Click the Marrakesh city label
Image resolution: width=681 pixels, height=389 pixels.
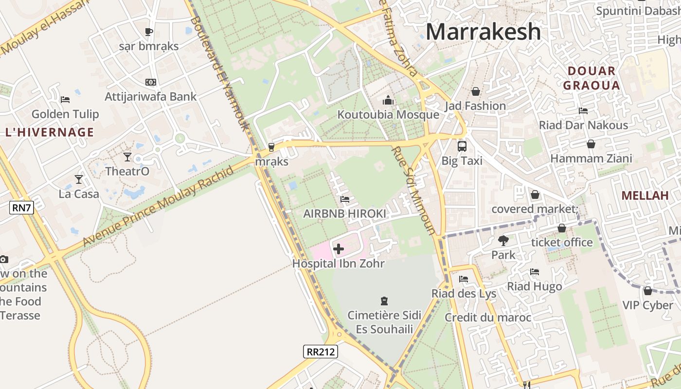(x=483, y=32)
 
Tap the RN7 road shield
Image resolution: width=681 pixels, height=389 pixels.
(x=21, y=208)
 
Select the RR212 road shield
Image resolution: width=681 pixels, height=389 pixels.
(x=320, y=352)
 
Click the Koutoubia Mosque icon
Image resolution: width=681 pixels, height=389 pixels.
(x=388, y=100)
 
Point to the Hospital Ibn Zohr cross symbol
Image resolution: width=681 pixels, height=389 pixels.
(x=339, y=249)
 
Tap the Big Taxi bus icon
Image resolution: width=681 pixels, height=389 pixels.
(x=462, y=146)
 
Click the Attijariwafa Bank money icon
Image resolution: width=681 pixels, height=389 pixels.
(x=151, y=82)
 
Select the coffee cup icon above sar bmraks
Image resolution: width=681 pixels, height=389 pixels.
(x=149, y=32)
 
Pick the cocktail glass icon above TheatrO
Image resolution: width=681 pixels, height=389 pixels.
(x=127, y=157)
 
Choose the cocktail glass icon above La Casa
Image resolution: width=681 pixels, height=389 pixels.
(x=79, y=179)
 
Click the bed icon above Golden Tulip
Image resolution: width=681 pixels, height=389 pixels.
(x=65, y=100)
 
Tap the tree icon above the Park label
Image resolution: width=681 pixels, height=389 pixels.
(x=503, y=240)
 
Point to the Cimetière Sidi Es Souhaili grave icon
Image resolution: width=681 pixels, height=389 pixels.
(x=384, y=301)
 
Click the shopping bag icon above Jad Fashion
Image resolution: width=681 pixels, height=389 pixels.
(x=476, y=91)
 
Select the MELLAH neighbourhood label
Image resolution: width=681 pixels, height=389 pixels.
(x=645, y=195)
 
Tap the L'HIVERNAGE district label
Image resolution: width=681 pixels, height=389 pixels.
(x=49, y=132)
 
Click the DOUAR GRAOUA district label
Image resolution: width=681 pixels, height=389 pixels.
(x=591, y=78)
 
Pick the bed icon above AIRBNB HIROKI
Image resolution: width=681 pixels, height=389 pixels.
(x=344, y=199)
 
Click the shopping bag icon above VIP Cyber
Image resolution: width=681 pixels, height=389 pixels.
(x=647, y=291)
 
